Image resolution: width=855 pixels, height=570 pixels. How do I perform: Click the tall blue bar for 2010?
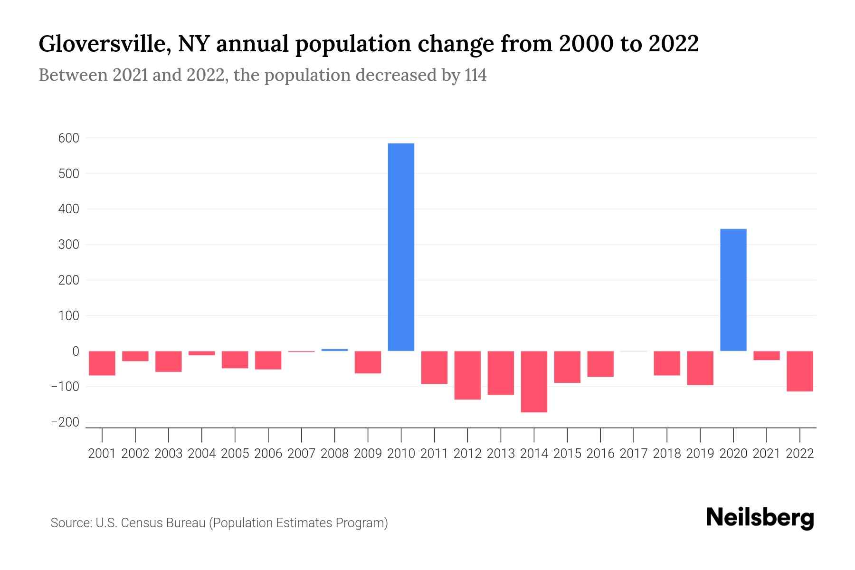401,247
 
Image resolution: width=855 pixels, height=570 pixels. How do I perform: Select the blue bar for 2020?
733,290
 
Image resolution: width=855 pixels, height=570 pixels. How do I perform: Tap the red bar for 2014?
534,381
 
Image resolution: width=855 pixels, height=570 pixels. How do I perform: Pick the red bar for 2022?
799,371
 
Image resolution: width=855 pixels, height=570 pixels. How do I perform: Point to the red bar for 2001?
102,363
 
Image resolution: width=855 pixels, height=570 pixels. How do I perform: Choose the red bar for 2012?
467,375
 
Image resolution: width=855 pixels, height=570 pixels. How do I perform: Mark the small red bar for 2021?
766,356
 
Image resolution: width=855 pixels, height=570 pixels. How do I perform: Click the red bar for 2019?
700,368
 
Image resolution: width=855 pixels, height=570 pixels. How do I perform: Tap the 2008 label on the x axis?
334,454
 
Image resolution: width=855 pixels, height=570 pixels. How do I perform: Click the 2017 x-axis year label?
633,454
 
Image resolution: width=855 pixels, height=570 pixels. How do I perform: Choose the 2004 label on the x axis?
202,454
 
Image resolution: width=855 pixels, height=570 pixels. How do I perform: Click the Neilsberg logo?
760,518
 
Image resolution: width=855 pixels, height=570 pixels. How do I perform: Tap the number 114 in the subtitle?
475,76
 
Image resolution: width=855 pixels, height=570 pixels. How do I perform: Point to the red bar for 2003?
169,361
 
